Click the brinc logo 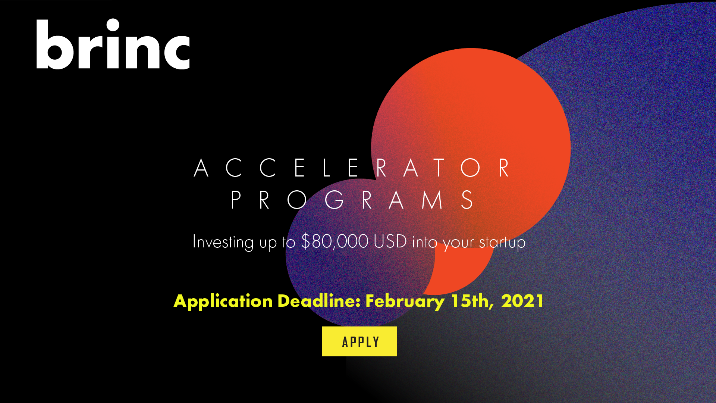point(113,44)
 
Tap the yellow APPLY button point(359,341)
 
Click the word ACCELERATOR point(352,168)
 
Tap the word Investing point(223,242)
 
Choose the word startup point(502,243)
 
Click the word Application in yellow point(223,301)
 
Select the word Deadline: point(319,300)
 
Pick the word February point(405,301)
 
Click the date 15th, point(472,301)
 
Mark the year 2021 point(522,300)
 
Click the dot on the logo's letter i point(113,25)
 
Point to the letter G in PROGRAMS point(335,200)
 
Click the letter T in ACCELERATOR point(439,168)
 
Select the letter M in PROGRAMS point(432,200)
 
